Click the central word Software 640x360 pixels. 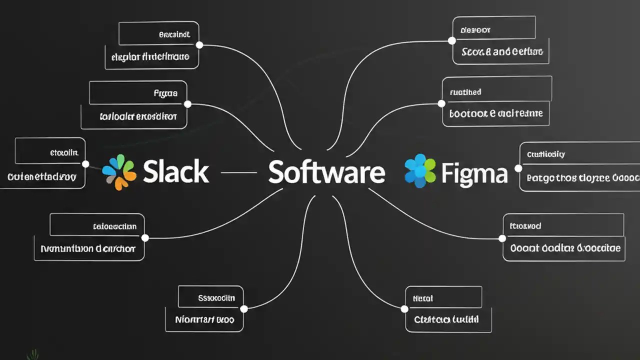(326, 172)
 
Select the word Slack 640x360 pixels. (175, 172)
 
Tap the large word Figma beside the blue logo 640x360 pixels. (474, 173)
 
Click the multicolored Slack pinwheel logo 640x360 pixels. (119, 172)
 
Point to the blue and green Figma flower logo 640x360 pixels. (420, 171)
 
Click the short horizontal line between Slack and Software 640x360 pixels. (238, 172)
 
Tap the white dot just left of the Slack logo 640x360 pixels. (85, 164)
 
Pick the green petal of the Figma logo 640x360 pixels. (429, 164)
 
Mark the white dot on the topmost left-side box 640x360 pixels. (199, 45)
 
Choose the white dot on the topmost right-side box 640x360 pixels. (452, 40)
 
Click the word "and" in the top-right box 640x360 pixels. (501, 51)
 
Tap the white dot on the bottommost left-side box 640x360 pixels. (244, 308)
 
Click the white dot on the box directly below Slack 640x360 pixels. (145, 238)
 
